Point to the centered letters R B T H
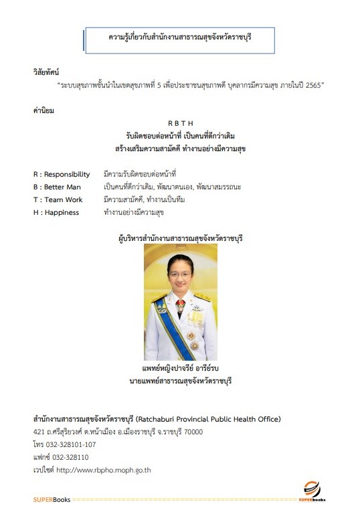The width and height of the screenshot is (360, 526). click(x=179, y=124)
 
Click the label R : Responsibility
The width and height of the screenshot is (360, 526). click(x=62, y=174)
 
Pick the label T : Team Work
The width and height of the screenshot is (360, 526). click(x=59, y=199)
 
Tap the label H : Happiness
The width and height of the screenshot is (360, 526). click(x=56, y=212)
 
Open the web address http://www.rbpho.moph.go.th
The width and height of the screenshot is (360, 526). click(x=104, y=470)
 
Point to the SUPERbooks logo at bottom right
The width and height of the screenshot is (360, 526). click(x=312, y=493)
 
